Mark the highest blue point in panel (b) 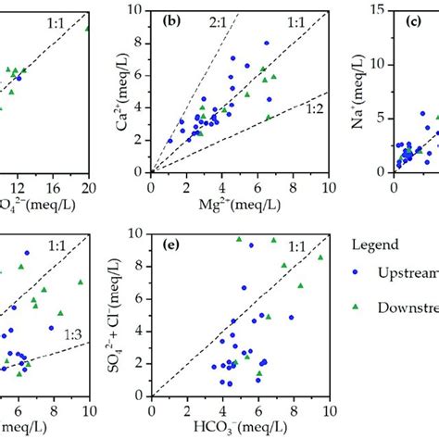point(267,43)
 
